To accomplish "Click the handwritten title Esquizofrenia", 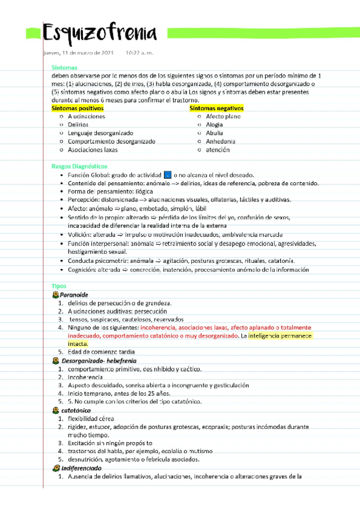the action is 100,33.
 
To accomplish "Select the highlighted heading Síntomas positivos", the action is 78,108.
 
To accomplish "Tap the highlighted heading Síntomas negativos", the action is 217,108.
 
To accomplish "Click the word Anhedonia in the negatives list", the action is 221,141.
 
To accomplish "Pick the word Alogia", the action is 214,124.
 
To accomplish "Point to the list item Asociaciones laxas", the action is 93,150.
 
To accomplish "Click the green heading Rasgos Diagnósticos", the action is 75,165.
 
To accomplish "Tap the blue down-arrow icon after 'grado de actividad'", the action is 167,174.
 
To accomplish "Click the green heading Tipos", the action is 59,286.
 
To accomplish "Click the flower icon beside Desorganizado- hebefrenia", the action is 56,360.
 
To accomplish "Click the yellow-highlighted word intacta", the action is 78,343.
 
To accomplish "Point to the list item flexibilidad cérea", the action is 90,419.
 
